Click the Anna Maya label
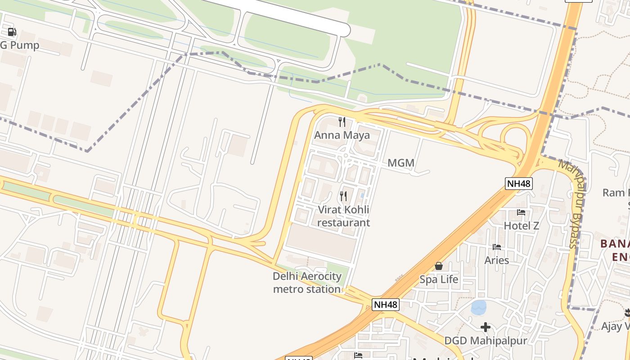pos(342,135)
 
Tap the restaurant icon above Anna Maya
pos(342,121)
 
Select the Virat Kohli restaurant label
pos(344,216)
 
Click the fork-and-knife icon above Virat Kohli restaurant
pos(343,196)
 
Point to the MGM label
pos(401,163)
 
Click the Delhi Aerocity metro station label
pos(307,283)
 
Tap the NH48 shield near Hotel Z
pos(519,184)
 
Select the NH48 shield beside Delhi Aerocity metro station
pos(386,305)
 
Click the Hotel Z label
pos(521,225)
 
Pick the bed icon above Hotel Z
pos(521,212)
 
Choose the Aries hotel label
pos(497,260)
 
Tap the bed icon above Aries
pos(497,247)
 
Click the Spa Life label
pos(439,279)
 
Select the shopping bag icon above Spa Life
pos(439,266)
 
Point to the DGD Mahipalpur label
pos(486,341)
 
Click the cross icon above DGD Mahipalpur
pos(486,327)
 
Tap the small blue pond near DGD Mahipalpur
pos(478,308)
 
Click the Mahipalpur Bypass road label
pos(574,202)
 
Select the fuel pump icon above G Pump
pos(12,32)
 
